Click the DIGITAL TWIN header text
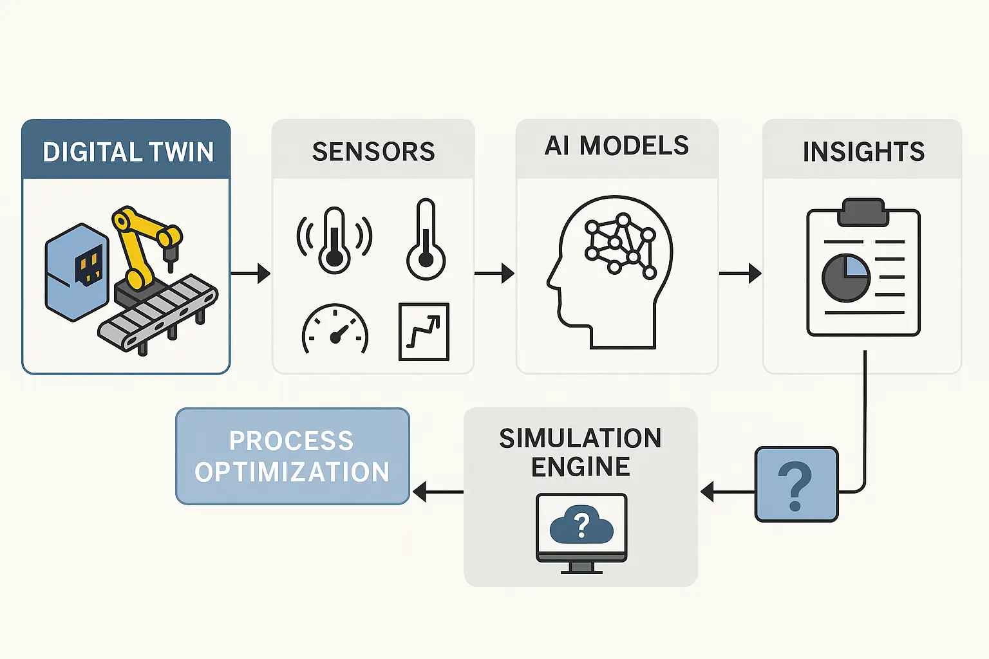point(127,152)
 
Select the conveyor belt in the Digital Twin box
point(158,315)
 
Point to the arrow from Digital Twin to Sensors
point(250,274)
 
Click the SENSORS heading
point(373,152)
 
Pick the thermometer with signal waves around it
point(334,240)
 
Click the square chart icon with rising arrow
point(424,331)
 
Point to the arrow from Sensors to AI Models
point(494,274)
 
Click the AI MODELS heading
point(617,146)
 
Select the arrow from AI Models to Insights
point(740,274)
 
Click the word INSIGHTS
point(863,152)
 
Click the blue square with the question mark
point(796,484)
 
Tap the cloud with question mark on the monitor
point(581,524)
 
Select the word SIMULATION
point(580,438)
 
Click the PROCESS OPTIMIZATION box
point(292,456)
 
